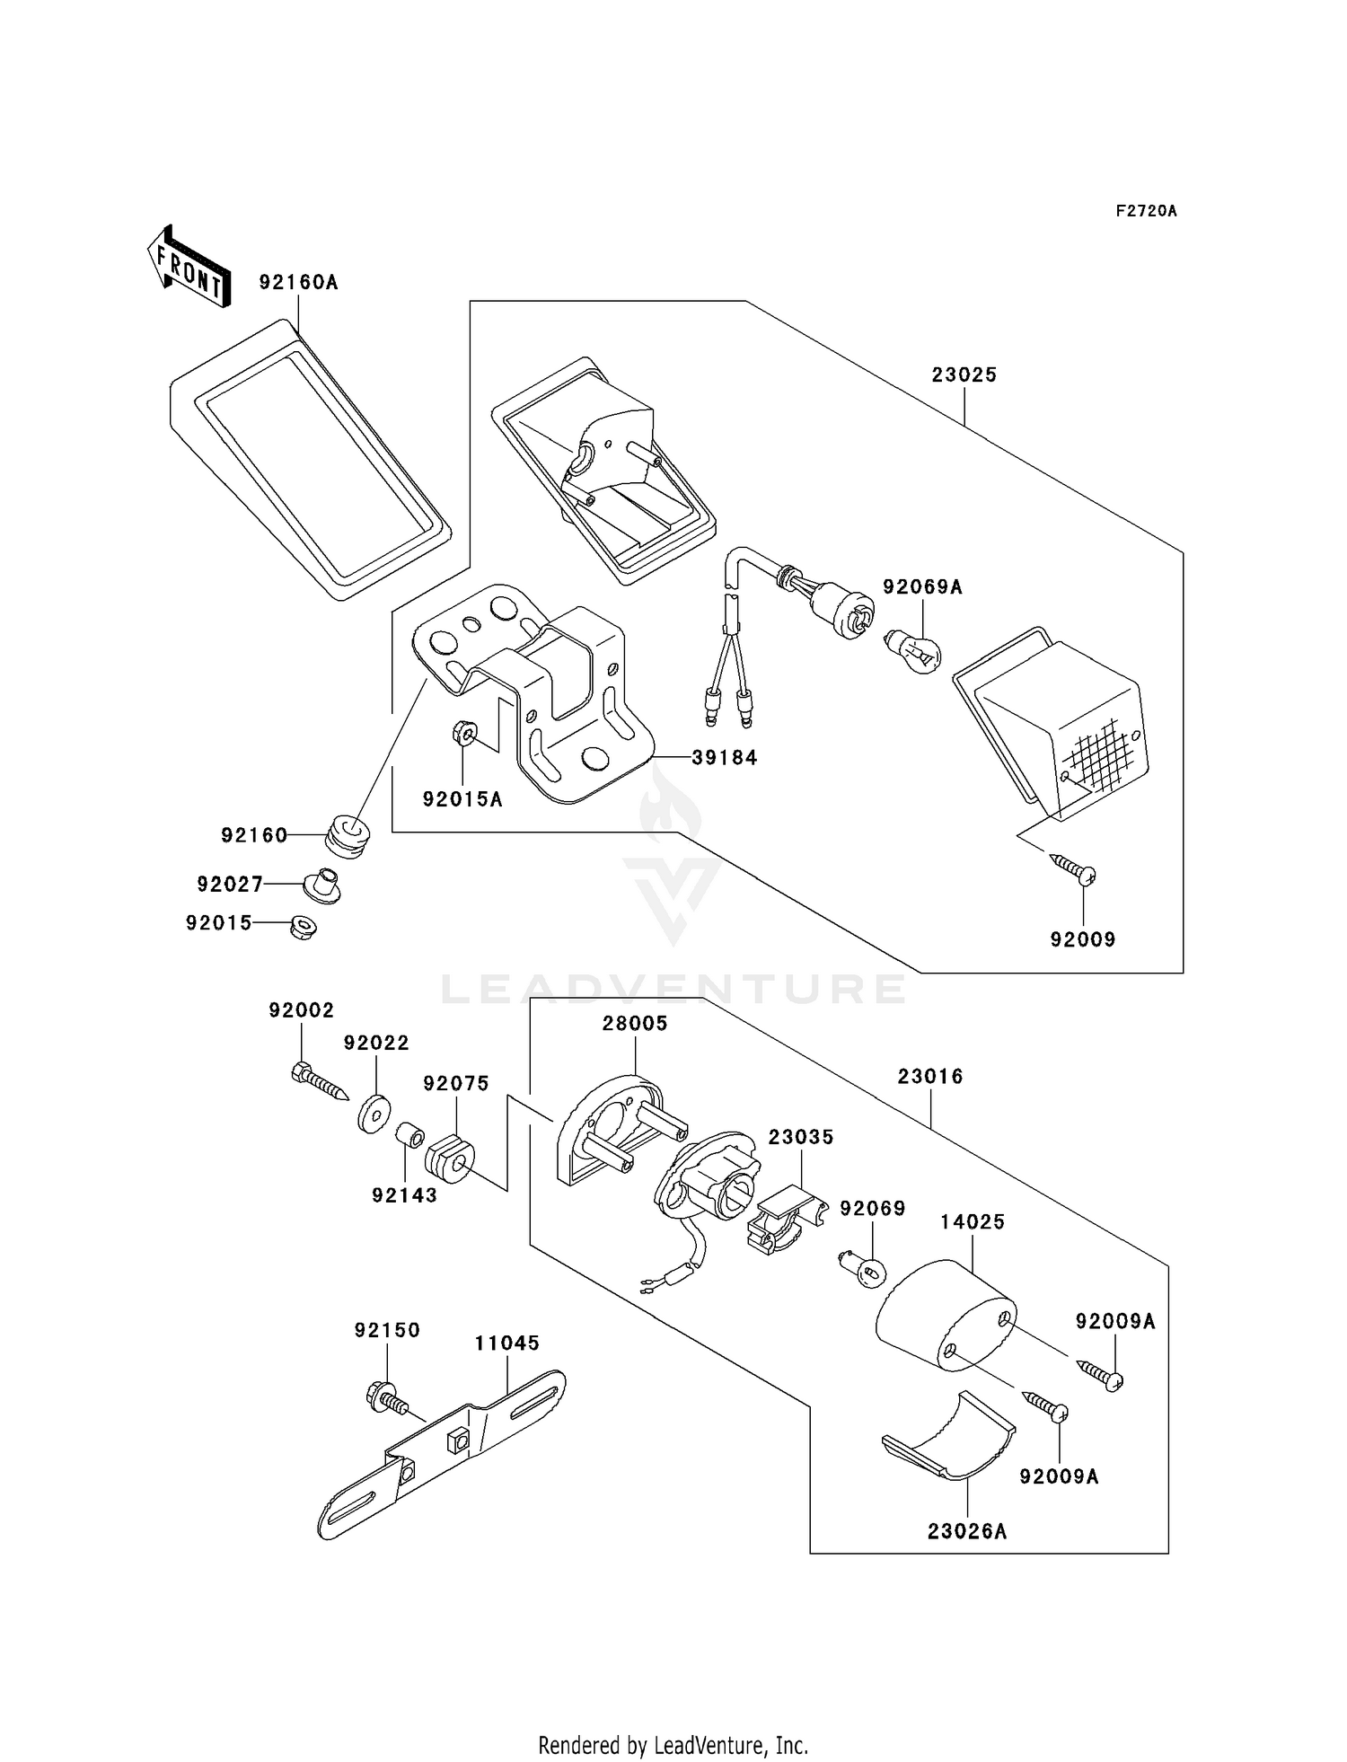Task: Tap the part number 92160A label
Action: (x=298, y=282)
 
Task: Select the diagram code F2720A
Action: (x=1147, y=211)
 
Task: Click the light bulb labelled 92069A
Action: (x=912, y=648)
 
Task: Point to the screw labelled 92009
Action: (x=1073, y=868)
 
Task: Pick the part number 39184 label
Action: (x=725, y=757)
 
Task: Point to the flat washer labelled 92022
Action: (x=373, y=1114)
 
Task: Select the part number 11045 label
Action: (x=507, y=1343)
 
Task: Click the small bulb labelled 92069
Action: (x=861, y=1267)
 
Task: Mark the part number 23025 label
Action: (x=964, y=374)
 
